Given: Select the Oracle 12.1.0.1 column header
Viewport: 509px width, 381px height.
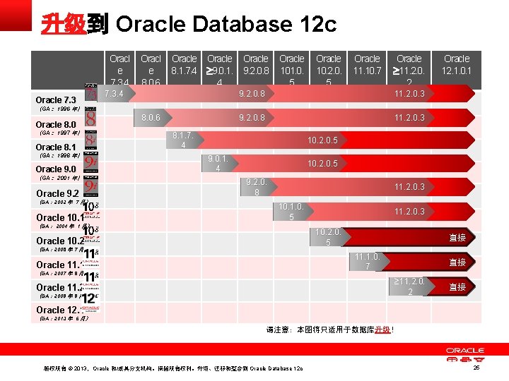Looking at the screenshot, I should (x=457, y=65).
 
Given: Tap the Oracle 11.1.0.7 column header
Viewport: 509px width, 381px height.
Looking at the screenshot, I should (x=367, y=65).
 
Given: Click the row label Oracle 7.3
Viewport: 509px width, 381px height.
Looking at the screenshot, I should (x=56, y=100).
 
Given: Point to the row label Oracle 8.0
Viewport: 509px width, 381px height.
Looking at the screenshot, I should (x=56, y=125).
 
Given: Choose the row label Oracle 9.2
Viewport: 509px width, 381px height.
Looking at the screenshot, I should (x=57, y=193).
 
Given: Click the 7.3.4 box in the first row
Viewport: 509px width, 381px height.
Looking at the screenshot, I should (x=114, y=93).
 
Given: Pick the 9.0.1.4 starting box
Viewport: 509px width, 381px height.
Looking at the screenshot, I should (x=218, y=164).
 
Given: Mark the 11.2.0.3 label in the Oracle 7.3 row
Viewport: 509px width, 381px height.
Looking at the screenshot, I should (x=409, y=94).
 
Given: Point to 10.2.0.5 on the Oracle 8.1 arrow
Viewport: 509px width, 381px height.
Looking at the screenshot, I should (x=322, y=140).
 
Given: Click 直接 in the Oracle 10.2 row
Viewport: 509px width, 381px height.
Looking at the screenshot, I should (x=458, y=238).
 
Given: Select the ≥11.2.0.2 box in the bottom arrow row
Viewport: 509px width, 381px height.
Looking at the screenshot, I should (x=409, y=286).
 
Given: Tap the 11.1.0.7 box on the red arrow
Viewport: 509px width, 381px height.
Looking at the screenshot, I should (x=368, y=262).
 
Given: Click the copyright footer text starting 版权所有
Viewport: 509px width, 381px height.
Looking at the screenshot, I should (x=173, y=368).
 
